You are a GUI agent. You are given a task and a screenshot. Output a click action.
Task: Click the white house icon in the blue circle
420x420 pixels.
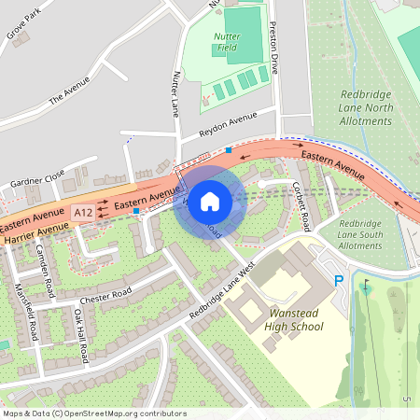[210, 202]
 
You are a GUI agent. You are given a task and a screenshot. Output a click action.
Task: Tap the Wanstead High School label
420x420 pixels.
[282, 320]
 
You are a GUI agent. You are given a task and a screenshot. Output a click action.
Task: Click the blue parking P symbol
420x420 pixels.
[339, 280]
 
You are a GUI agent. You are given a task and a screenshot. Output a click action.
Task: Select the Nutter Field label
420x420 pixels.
[227, 43]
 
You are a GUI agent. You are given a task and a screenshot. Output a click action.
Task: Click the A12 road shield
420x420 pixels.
[83, 213]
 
